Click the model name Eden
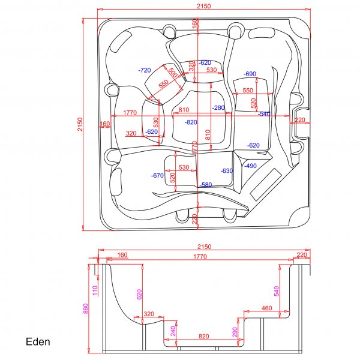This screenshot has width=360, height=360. (x=38, y=342)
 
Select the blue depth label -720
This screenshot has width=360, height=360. (x=145, y=70)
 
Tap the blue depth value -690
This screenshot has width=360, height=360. (x=250, y=74)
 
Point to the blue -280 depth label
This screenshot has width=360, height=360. (x=218, y=108)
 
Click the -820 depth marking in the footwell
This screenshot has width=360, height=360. (x=191, y=122)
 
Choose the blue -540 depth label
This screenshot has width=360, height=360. (x=264, y=113)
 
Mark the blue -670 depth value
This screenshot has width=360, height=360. (x=157, y=176)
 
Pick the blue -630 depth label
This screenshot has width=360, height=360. (x=226, y=171)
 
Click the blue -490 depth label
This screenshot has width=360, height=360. (x=251, y=166)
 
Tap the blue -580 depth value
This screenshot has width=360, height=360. (x=205, y=184)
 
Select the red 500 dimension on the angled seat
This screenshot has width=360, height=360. (x=172, y=73)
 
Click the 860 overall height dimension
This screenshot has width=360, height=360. (x=86, y=308)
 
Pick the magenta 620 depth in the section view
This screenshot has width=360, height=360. (x=139, y=294)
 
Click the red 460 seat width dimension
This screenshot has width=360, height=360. (x=267, y=308)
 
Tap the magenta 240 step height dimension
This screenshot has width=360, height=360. (x=173, y=331)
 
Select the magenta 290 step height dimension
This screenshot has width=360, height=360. (x=236, y=331)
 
